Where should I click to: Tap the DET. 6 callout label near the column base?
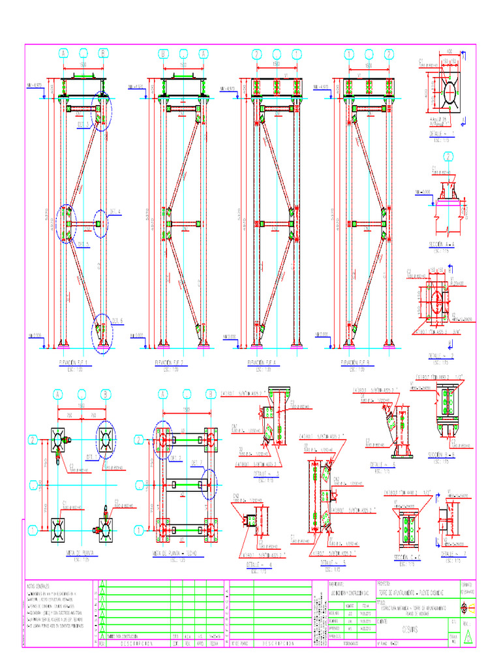(x=117, y=320)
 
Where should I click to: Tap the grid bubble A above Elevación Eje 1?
(x=63, y=53)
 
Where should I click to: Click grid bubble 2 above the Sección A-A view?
(x=449, y=156)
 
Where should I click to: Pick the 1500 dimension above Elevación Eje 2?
(x=183, y=65)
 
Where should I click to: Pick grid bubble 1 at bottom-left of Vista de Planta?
(x=31, y=530)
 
